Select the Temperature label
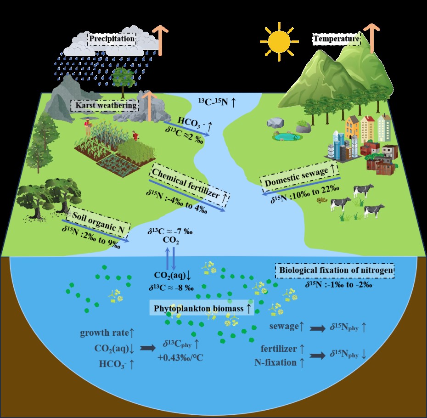[x=336, y=40]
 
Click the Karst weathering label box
[x=105, y=105]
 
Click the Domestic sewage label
[x=301, y=177]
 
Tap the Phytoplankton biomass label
[x=202, y=308]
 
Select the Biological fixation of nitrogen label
[x=334, y=271]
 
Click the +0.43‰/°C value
[x=180, y=357]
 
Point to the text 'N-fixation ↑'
[x=279, y=362]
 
